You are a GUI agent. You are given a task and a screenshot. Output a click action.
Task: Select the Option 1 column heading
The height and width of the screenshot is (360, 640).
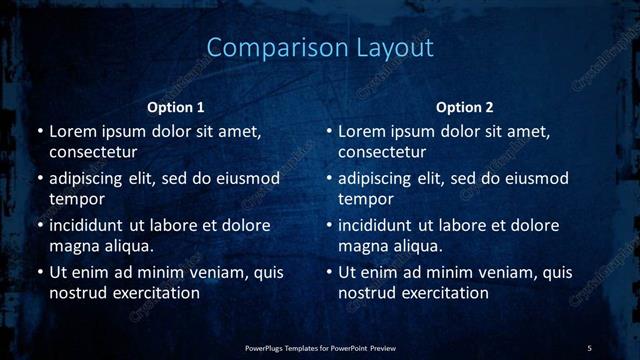pyautogui.click(x=176, y=107)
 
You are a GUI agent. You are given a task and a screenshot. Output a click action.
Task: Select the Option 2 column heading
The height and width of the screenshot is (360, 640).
pyautogui.click(x=465, y=107)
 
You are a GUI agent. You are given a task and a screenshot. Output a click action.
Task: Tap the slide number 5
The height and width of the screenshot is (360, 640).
pyautogui.click(x=589, y=347)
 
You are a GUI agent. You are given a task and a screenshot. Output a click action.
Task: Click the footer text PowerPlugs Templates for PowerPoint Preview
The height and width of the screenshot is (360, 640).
pyautogui.click(x=320, y=347)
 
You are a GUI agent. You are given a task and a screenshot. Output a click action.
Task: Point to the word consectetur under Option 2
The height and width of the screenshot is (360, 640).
pyautogui.click(x=382, y=153)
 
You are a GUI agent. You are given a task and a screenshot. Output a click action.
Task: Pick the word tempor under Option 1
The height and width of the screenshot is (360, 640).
pyautogui.click(x=77, y=200)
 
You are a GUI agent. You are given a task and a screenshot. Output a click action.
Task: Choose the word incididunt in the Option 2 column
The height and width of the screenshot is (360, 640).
pyautogui.click(x=377, y=225)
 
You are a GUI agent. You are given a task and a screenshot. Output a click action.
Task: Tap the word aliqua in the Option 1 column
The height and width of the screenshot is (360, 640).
pyautogui.click(x=127, y=246)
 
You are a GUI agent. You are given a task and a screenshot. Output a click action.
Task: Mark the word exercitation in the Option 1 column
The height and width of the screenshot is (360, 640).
pyautogui.click(x=156, y=293)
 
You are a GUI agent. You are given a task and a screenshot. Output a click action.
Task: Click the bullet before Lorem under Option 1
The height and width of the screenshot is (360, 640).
pyautogui.click(x=40, y=132)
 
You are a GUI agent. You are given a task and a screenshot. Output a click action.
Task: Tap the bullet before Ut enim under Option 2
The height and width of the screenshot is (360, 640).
pyautogui.click(x=329, y=272)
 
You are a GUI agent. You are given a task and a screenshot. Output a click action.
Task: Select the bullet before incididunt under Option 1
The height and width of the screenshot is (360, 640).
pyautogui.click(x=40, y=225)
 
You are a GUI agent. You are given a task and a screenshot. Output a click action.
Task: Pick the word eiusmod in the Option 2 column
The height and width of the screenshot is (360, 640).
pyautogui.click(x=539, y=179)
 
